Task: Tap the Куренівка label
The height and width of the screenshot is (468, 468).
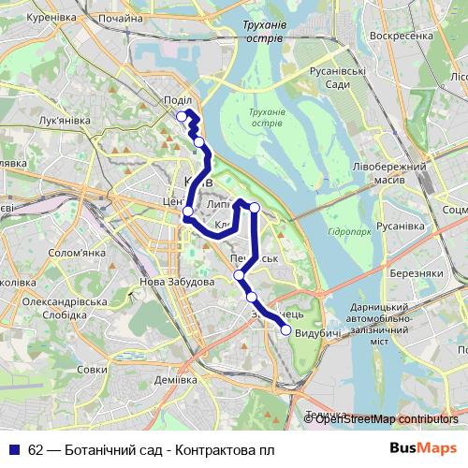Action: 51,17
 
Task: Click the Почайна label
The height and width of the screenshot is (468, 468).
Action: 121,19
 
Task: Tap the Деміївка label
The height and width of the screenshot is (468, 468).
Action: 175,380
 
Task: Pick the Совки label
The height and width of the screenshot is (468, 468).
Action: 92,370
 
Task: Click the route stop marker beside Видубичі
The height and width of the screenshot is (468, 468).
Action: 285,329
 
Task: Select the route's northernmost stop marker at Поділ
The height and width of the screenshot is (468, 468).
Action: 182,116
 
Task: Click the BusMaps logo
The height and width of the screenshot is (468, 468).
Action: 423,448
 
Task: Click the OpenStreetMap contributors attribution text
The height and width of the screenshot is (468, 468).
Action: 387,419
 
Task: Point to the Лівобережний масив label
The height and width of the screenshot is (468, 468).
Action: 384,172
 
